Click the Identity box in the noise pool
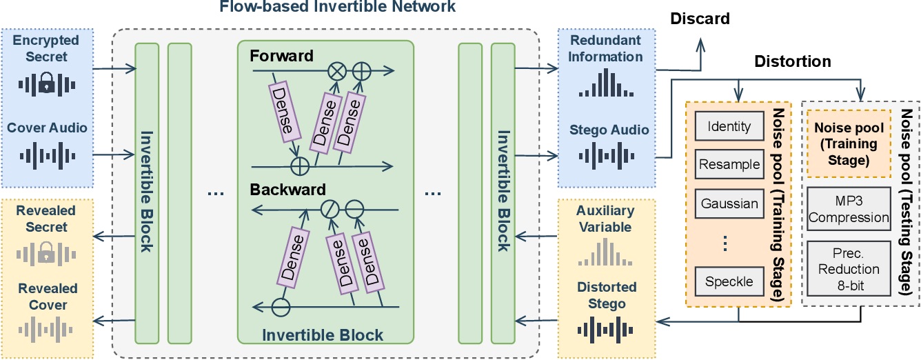coord(729,128)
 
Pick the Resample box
coord(729,166)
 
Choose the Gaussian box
coord(729,204)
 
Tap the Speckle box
coord(729,281)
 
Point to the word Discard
coord(700,19)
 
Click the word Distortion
coord(791,62)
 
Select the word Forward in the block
coord(281,55)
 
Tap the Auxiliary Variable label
coord(605,218)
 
